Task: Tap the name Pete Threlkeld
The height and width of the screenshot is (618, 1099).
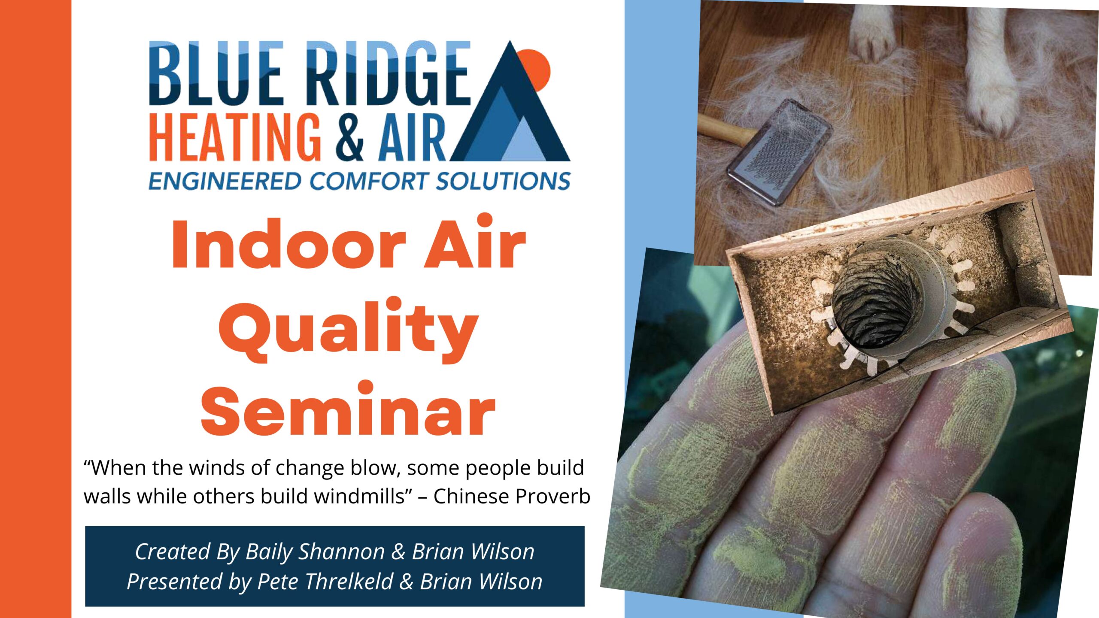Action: pyautogui.click(x=325, y=582)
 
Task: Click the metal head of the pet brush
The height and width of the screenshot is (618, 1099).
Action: pyautogui.click(x=779, y=152)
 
